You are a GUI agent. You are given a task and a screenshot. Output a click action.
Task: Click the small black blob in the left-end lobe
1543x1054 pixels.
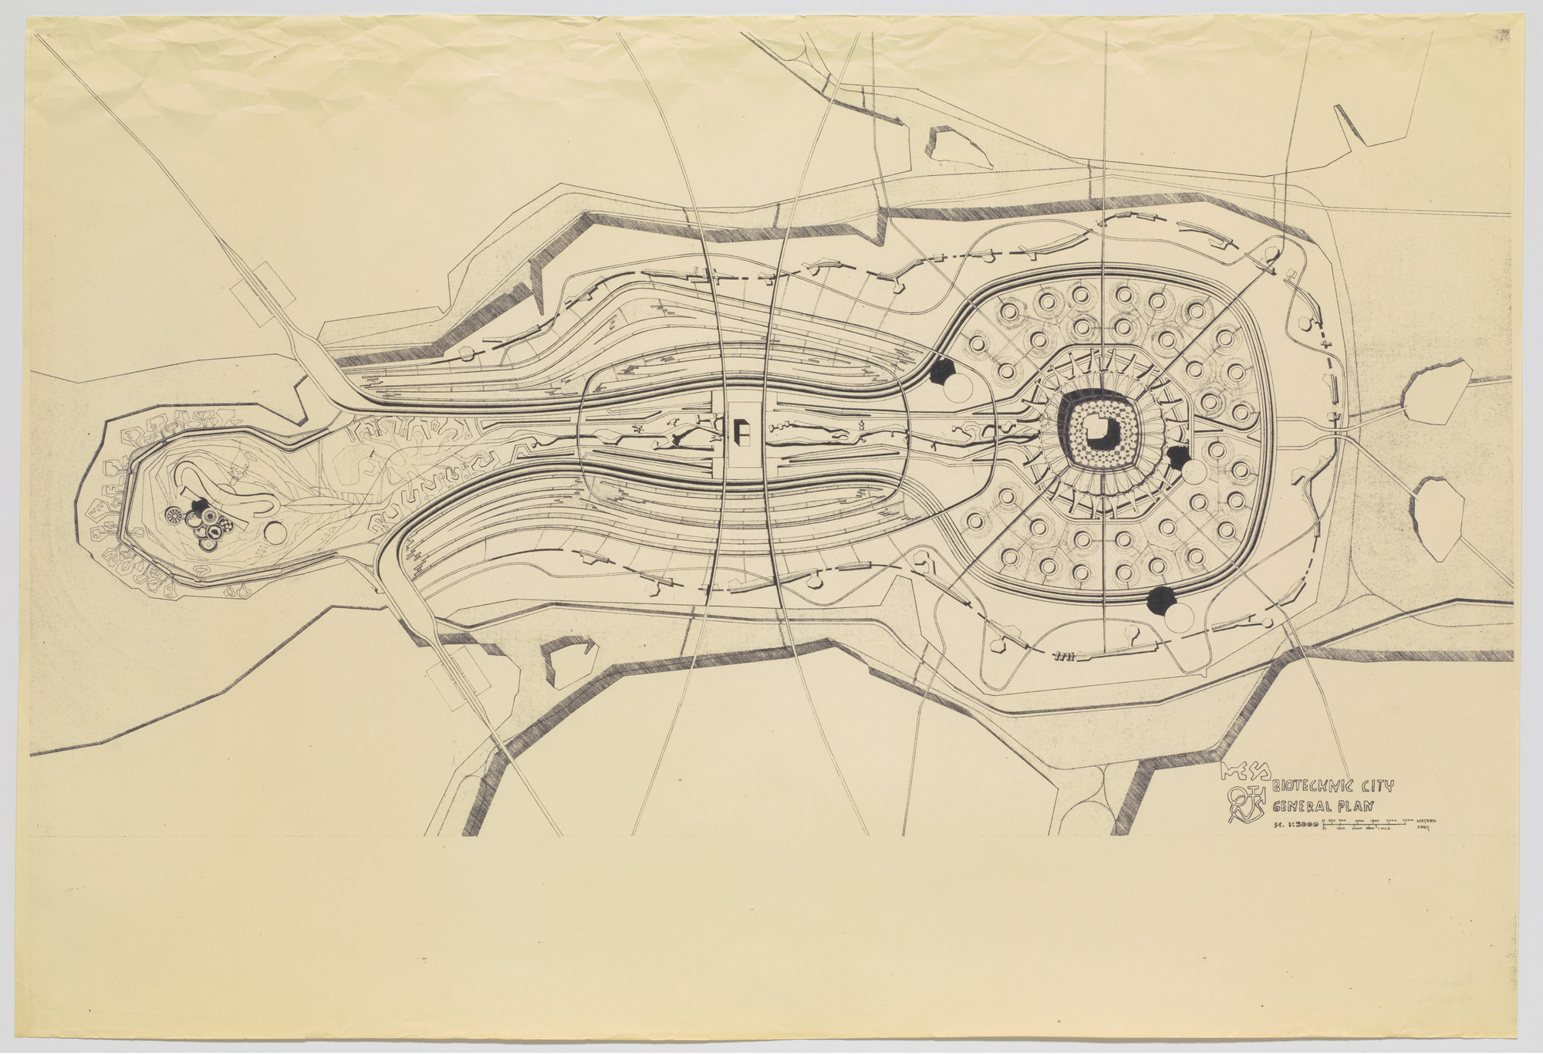(200, 508)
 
